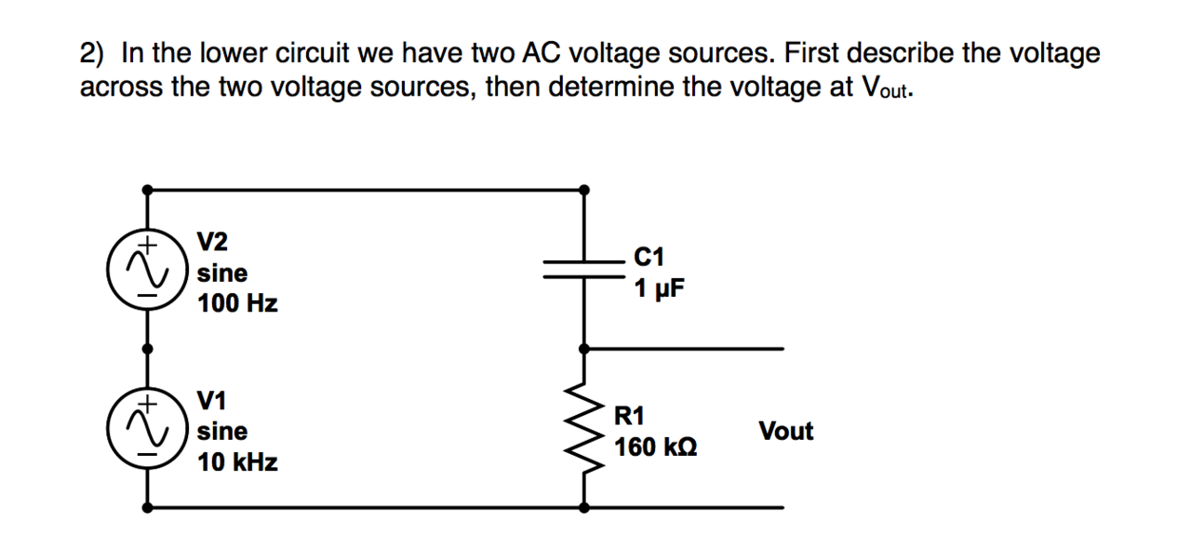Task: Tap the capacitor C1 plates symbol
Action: (x=583, y=268)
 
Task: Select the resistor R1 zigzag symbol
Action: (x=583, y=428)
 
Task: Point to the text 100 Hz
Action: (x=237, y=304)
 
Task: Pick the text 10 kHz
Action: (x=237, y=462)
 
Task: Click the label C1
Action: (x=649, y=257)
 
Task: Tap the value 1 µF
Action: (x=659, y=287)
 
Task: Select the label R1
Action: (x=631, y=415)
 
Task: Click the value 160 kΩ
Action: (x=655, y=447)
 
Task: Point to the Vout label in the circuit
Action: (x=785, y=432)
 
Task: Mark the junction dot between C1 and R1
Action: (x=583, y=348)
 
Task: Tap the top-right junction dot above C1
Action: (x=583, y=189)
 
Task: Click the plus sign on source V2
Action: (x=146, y=246)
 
